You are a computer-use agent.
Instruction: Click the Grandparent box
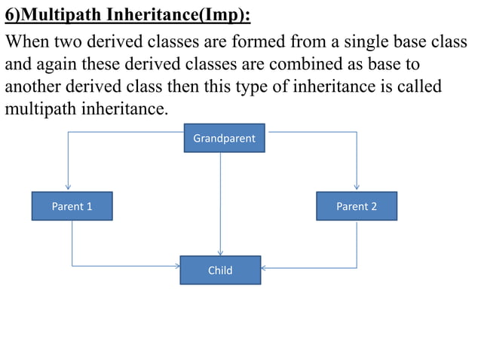tap(224, 139)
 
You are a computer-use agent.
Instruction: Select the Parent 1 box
tap(72, 206)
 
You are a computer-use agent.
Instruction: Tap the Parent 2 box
tap(356, 206)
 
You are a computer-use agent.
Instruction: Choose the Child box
tap(220, 270)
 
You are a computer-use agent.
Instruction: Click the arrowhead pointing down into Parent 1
tap(69, 188)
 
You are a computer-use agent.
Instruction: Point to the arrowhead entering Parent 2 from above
tap(357, 188)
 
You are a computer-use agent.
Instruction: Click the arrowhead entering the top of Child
tap(220, 253)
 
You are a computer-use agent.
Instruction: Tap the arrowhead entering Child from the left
tap(177, 266)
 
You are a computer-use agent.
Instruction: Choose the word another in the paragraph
tap(33, 87)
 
